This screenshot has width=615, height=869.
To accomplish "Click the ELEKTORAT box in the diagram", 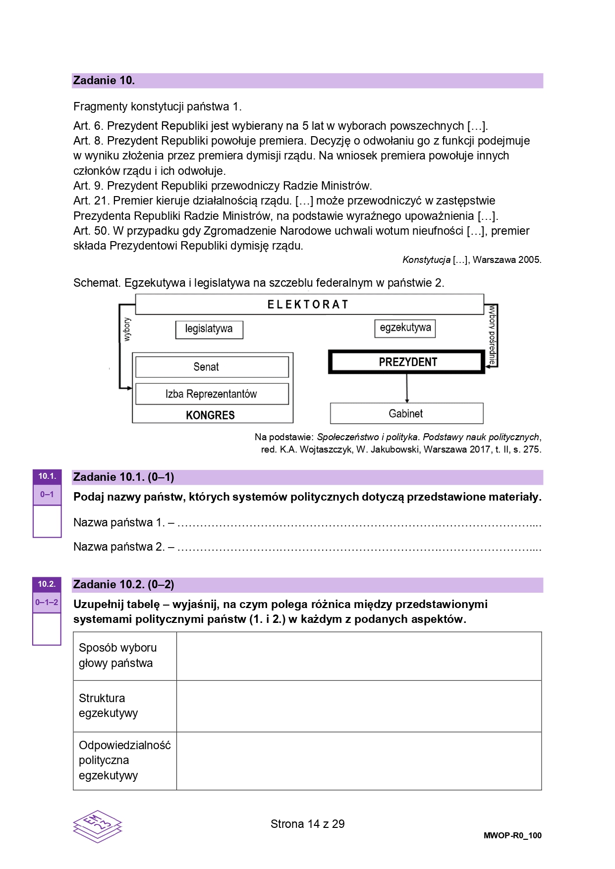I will click(x=309, y=304).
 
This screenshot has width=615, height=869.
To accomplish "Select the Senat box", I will click(x=212, y=367).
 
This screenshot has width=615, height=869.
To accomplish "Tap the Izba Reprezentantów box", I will click(x=212, y=394).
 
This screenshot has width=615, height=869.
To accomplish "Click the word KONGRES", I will click(x=210, y=415).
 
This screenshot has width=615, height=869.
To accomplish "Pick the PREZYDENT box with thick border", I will click(x=407, y=362).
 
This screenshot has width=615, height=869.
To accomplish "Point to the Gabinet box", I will click(x=406, y=413).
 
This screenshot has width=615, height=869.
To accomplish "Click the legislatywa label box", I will click(x=209, y=329).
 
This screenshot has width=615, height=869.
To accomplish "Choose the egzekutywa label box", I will click(x=405, y=328).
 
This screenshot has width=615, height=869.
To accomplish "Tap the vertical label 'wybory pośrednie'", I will click(x=492, y=335).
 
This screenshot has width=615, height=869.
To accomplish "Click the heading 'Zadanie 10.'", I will click(x=104, y=81).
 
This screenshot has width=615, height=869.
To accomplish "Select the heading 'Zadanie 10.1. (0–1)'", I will click(x=123, y=477).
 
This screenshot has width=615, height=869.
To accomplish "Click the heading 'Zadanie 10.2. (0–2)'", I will click(x=123, y=585).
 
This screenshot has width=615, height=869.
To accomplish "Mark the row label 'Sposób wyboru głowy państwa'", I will click(x=118, y=656).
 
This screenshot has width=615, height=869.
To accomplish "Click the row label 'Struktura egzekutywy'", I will click(x=108, y=706).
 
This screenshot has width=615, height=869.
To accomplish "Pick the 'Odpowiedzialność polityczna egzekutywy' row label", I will click(x=124, y=760).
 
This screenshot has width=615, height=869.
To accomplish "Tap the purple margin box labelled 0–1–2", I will click(x=47, y=603).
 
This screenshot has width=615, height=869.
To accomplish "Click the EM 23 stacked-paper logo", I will click(x=98, y=826).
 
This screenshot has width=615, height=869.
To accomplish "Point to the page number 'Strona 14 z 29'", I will click(x=307, y=824).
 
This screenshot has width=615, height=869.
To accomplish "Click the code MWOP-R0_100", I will click(x=512, y=835).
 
